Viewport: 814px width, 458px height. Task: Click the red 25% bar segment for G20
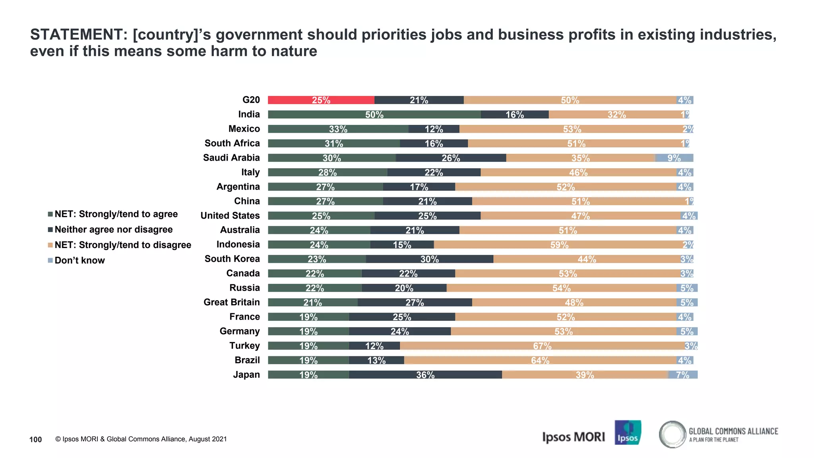(x=321, y=100)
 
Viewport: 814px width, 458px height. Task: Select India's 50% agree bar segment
(x=374, y=114)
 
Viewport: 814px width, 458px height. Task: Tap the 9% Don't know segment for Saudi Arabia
(x=674, y=158)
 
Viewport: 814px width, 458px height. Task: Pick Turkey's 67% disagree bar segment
(x=542, y=346)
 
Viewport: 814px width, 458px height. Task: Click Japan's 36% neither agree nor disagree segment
(x=425, y=375)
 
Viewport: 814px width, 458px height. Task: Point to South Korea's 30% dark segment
(x=429, y=259)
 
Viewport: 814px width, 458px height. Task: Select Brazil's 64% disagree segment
(x=540, y=360)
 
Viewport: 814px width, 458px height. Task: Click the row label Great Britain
(x=231, y=302)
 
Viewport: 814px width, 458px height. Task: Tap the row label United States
(x=230, y=215)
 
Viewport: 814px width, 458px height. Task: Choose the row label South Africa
(x=232, y=143)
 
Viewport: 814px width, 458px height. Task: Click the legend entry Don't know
(x=79, y=260)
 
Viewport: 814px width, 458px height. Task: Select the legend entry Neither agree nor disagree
(x=113, y=229)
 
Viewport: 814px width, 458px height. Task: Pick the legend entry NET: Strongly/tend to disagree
(x=122, y=245)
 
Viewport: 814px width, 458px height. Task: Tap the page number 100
(x=35, y=439)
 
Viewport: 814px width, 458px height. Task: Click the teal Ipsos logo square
(x=628, y=433)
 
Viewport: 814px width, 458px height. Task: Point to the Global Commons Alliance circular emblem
(x=672, y=434)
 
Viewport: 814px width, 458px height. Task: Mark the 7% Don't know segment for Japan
(x=682, y=375)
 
